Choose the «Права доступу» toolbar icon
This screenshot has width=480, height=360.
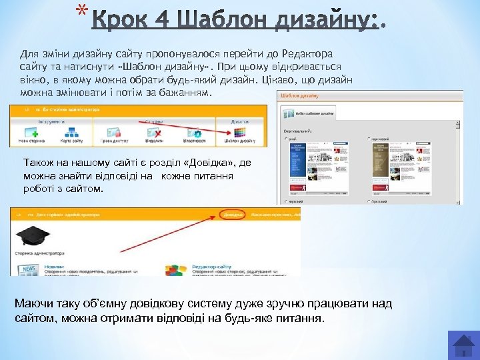pyautogui.click(x=115, y=133)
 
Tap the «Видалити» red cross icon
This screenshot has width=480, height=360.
pyautogui.click(x=155, y=133)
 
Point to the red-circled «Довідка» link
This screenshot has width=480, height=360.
pyautogui.click(x=233, y=215)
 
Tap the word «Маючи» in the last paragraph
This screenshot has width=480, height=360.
pyautogui.click(x=34, y=304)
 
